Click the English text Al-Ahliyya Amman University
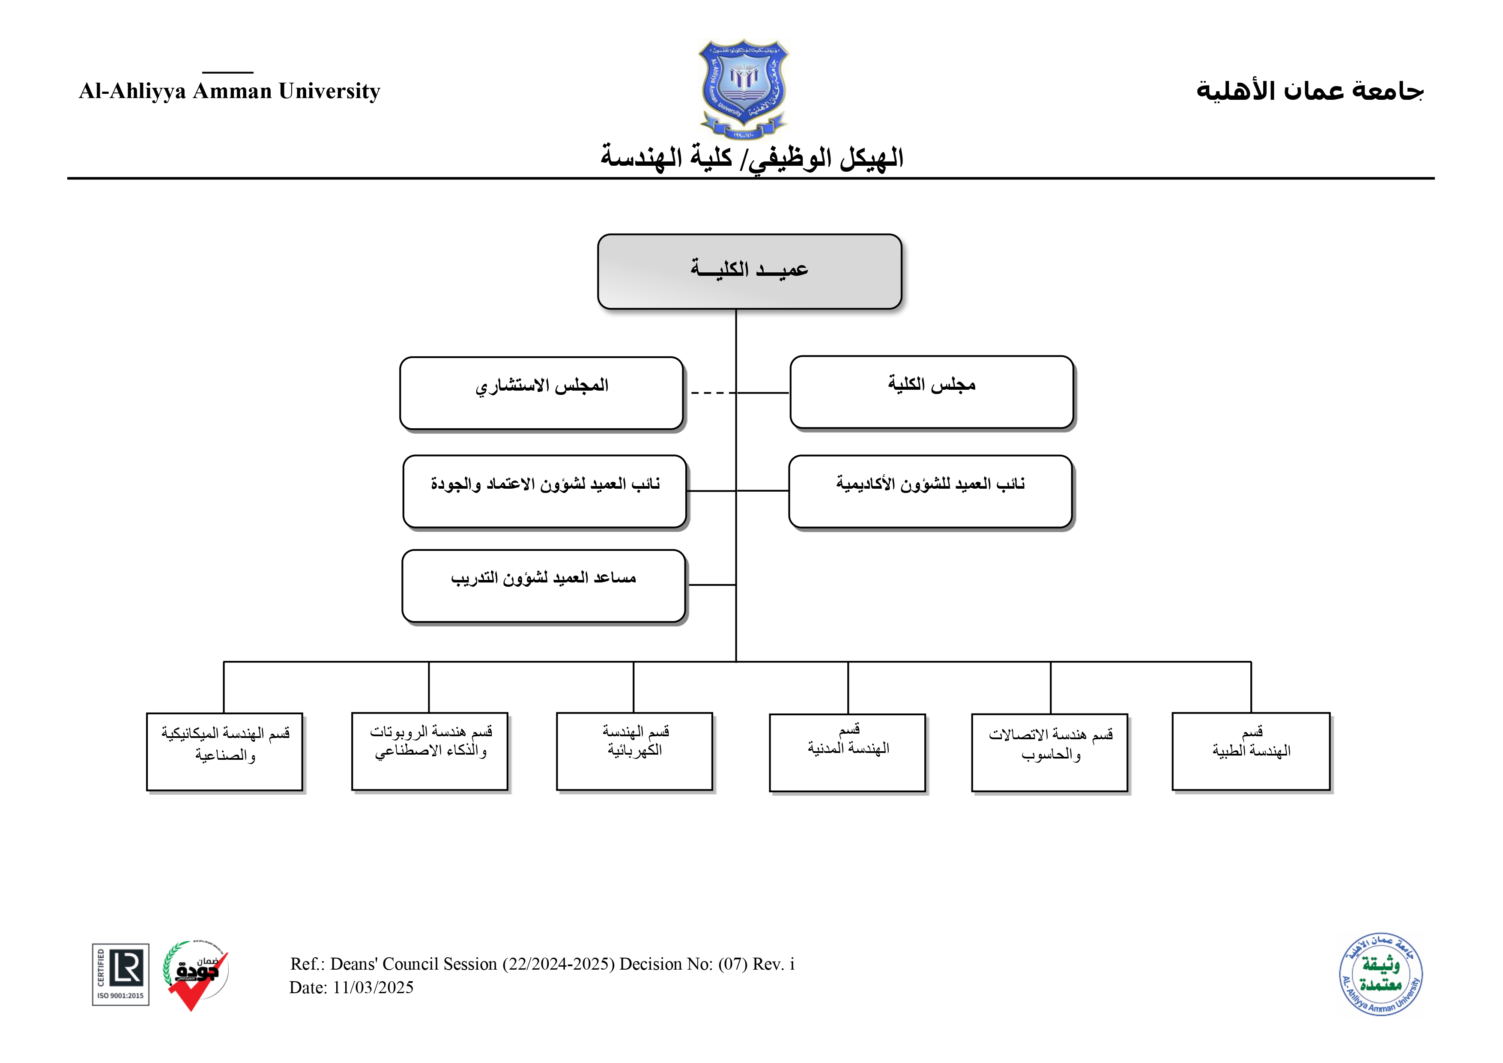pyautogui.click(x=229, y=91)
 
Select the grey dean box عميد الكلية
pyautogui.click(x=750, y=271)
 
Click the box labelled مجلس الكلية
pyautogui.click(x=932, y=392)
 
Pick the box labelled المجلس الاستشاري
pyautogui.click(x=541, y=393)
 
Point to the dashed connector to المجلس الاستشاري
pyautogui.click(x=710, y=393)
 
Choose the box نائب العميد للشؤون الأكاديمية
pyautogui.click(x=930, y=491)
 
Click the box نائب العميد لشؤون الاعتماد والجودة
pyautogui.click(x=545, y=491)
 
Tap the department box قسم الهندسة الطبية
pyautogui.click(x=1251, y=752)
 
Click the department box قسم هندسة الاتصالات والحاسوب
pyautogui.click(x=1049, y=753)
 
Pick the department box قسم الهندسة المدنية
pyautogui.click(x=847, y=753)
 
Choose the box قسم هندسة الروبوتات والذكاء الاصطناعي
pyautogui.click(x=430, y=752)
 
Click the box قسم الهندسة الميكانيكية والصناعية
pyautogui.click(x=224, y=752)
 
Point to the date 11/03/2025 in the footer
pyautogui.click(x=373, y=988)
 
